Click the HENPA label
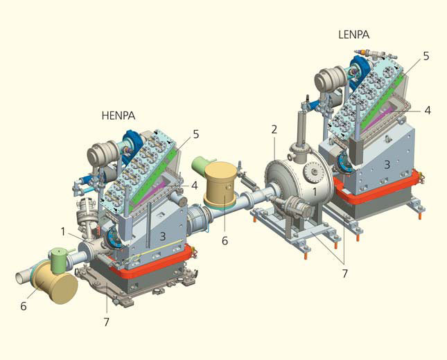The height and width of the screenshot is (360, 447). coord(119,116)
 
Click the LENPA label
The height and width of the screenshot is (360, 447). coord(353,35)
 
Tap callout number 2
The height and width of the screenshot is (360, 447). coord(274,129)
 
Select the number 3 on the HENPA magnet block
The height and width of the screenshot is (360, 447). coord(162,236)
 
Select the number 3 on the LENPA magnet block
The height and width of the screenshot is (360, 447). coord(387,164)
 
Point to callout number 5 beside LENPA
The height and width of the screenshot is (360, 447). coord(426,56)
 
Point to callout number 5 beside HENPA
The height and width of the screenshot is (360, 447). coord(196,134)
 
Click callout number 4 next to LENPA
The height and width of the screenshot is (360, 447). coord(428,110)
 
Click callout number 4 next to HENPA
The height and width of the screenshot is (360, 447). coord(195,186)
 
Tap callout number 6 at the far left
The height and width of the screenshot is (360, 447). coord(24,306)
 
